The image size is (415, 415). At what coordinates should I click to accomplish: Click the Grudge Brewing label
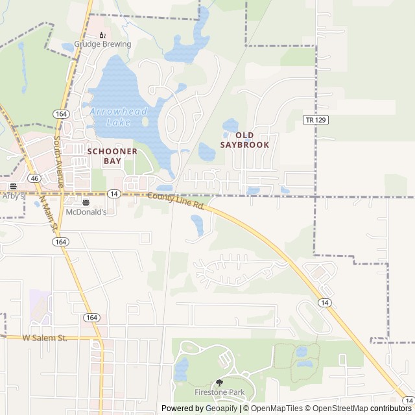[102, 45]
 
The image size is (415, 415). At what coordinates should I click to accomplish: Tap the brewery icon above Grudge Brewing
[102, 35]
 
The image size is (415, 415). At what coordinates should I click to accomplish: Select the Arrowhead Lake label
[119, 116]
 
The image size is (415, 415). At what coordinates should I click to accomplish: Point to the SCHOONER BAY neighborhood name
[113, 156]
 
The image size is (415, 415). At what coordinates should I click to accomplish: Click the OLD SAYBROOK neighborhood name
[244, 139]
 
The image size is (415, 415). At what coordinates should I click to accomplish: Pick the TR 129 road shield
[314, 120]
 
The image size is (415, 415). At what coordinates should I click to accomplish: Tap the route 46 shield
[34, 177]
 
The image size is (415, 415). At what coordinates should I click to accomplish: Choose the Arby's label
[12, 195]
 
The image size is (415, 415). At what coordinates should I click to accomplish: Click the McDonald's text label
[86, 211]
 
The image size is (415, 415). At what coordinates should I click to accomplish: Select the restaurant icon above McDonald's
[86, 202]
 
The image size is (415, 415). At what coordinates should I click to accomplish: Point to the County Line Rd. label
[176, 201]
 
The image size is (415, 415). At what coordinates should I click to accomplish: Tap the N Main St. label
[49, 215]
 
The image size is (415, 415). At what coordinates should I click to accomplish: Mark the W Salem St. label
[45, 338]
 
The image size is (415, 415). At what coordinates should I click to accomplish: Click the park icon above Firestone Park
[219, 383]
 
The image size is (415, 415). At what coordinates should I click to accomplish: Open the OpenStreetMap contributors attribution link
[369, 409]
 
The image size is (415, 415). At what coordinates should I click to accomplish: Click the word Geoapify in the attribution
[221, 409]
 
